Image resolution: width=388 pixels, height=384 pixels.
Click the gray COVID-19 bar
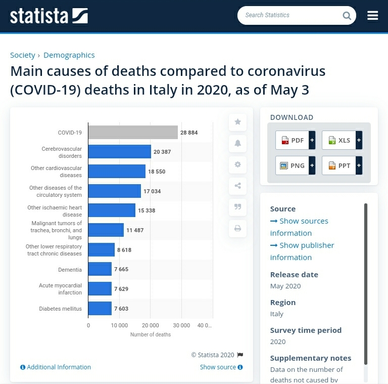coord(133,133)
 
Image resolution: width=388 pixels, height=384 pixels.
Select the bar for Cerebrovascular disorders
coord(120,152)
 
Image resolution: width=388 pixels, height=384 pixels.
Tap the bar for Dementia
coord(100,269)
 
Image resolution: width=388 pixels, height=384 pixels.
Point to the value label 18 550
coord(157,172)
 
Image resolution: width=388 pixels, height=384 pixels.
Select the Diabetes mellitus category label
coord(60,309)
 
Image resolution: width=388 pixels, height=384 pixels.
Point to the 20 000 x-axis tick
coord(151,325)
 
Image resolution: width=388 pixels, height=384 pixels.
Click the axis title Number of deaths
coord(151,334)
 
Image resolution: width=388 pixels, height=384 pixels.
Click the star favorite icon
coord(237,122)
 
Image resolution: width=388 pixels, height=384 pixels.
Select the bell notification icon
coord(237,143)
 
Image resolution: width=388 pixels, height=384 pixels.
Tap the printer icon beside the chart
coord(237,228)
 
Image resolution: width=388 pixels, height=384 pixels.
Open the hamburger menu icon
coord(373,16)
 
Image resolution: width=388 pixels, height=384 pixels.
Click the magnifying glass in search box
coord(347,16)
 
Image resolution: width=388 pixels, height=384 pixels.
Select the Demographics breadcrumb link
coord(69,55)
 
